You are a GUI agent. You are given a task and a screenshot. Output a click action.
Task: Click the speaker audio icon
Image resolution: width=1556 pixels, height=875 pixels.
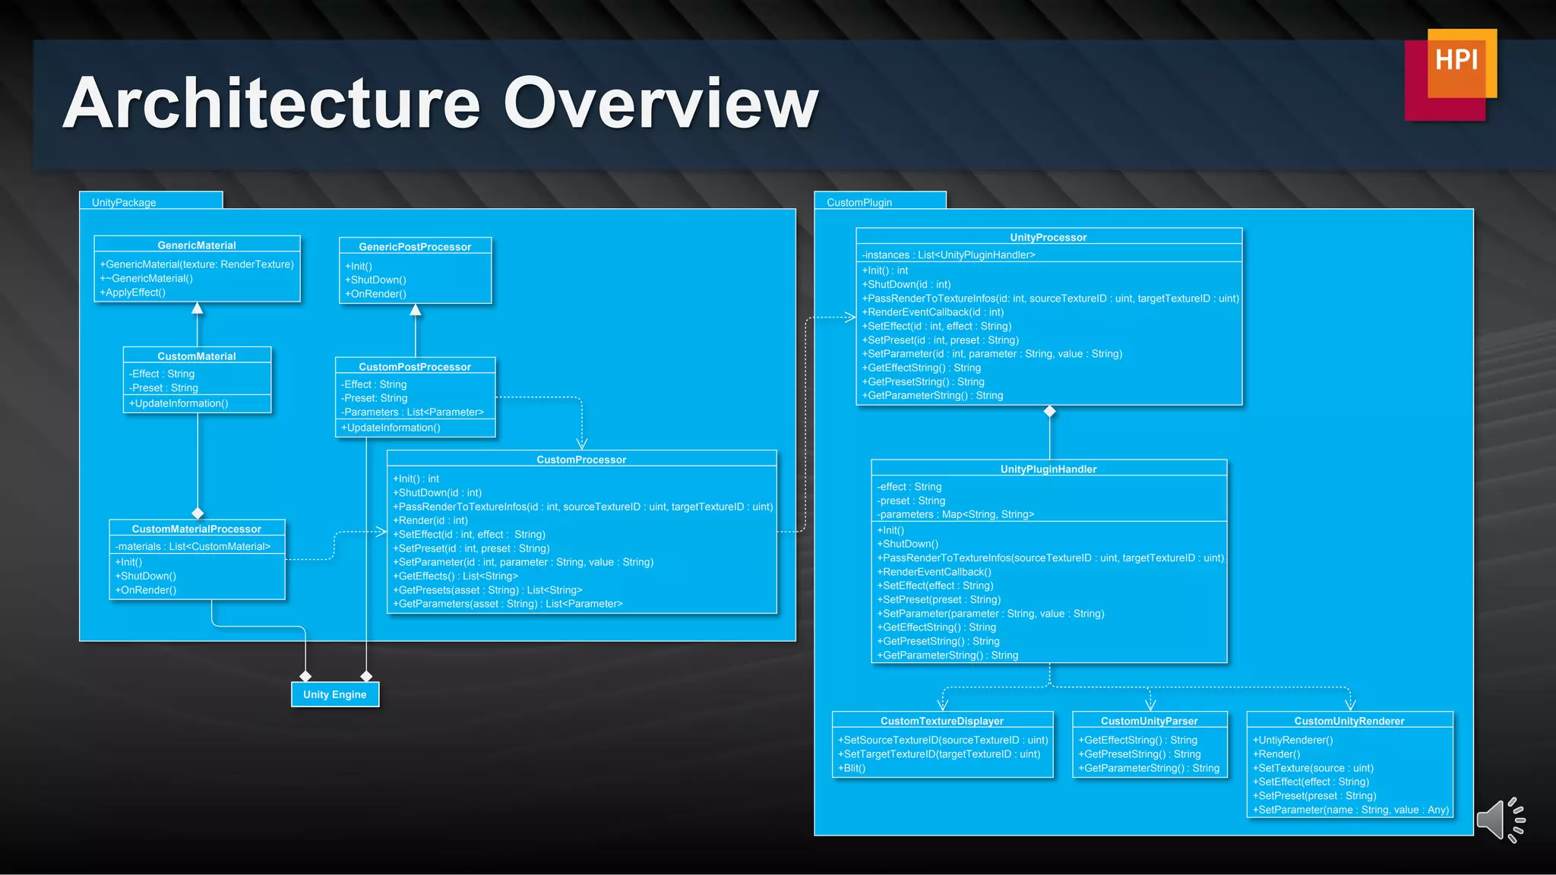pyautogui.click(x=1500, y=820)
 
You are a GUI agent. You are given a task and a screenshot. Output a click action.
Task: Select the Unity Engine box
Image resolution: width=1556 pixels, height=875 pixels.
pyautogui.click(x=335, y=694)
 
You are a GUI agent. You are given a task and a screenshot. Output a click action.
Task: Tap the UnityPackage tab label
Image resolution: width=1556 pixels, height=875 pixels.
pyautogui.click(x=124, y=202)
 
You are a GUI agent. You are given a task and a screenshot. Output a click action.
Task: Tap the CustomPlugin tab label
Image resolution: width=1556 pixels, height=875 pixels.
pyautogui.click(x=859, y=202)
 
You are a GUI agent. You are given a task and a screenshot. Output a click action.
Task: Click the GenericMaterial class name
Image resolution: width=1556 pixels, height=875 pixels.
pyautogui.click(x=197, y=245)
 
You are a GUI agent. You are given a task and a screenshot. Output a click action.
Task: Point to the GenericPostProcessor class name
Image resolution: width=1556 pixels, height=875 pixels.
pyautogui.click(x=415, y=247)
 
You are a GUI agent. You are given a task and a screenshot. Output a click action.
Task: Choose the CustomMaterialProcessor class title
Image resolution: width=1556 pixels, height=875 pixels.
pyautogui.click(x=197, y=529)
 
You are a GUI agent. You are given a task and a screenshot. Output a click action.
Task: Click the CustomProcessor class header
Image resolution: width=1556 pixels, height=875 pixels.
pyautogui.click(x=581, y=460)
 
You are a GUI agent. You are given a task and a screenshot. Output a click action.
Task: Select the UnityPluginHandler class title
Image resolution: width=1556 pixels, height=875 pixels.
pyautogui.click(x=1048, y=469)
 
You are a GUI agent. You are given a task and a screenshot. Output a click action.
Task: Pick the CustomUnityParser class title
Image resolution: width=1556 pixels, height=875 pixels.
pyautogui.click(x=1149, y=721)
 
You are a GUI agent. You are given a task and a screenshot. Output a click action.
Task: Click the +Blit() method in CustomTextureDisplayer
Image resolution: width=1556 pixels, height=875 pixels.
pyautogui.click(x=852, y=768)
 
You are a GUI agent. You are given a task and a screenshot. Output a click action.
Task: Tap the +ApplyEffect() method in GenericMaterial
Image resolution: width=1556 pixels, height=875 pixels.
pyautogui.click(x=133, y=292)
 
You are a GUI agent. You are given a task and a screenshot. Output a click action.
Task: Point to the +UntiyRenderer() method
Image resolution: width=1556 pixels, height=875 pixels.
pyautogui.click(x=1293, y=740)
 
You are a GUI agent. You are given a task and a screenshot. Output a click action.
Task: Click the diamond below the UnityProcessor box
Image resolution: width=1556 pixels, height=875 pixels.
pyautogui.click(x=1049, y=412)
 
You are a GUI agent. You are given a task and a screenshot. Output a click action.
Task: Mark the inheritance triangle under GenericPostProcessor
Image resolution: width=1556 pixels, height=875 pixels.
pyautogui.click(x=416, y=310)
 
